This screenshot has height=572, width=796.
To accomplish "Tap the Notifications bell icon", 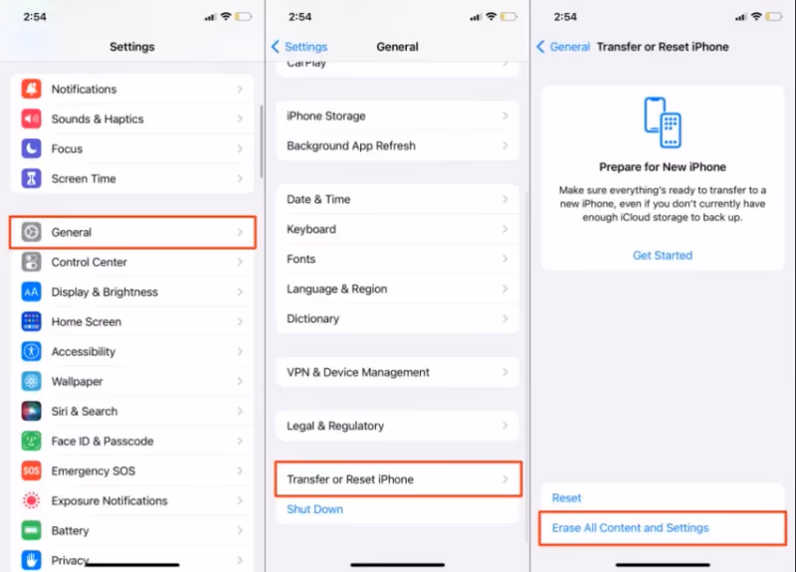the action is point(31,89).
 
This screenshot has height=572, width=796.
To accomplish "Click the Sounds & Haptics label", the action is point(98,118).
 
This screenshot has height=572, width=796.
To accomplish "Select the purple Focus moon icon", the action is point(31,148).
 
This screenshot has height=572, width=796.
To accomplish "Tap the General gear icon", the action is point(31,232).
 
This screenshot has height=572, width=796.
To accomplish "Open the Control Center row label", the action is point(89,262).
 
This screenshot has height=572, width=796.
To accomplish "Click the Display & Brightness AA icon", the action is point(31,291).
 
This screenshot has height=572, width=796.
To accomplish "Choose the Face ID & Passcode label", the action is point(102,441).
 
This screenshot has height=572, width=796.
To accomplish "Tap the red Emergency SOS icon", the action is point(31,471).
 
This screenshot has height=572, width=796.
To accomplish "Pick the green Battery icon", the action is point(31,530).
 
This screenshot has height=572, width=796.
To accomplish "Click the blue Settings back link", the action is point(299,47).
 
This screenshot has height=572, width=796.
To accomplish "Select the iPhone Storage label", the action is point(326,115).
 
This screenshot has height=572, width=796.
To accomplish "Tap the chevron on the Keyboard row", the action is point(505,229).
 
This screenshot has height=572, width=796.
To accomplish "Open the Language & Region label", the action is point(336,288).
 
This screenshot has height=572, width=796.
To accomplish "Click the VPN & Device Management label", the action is point(358,372).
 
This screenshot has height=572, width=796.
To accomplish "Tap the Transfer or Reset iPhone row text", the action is point(350,479).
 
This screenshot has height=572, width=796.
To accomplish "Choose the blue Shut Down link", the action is point(314,509).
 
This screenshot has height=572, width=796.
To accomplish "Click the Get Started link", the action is point(663,256).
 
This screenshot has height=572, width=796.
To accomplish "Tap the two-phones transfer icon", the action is point(663,122).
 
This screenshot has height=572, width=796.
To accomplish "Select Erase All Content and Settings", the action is point(630,528).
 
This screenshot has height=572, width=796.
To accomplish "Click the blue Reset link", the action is point(566,498).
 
